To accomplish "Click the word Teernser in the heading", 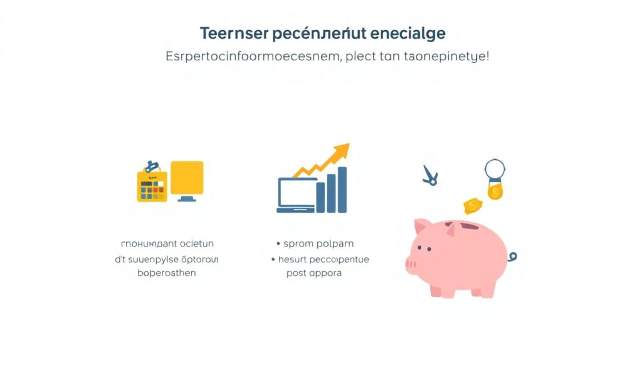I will pos(229,33).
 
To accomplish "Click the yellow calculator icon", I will pos(150,186).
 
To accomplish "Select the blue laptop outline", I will pos(296,194).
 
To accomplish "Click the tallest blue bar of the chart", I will pos(342,189).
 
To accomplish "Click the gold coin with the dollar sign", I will pos(495,191).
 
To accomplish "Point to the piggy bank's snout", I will pos(412,263).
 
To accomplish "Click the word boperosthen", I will pos(167,273).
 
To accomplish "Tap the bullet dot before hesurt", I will pos(273,259).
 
